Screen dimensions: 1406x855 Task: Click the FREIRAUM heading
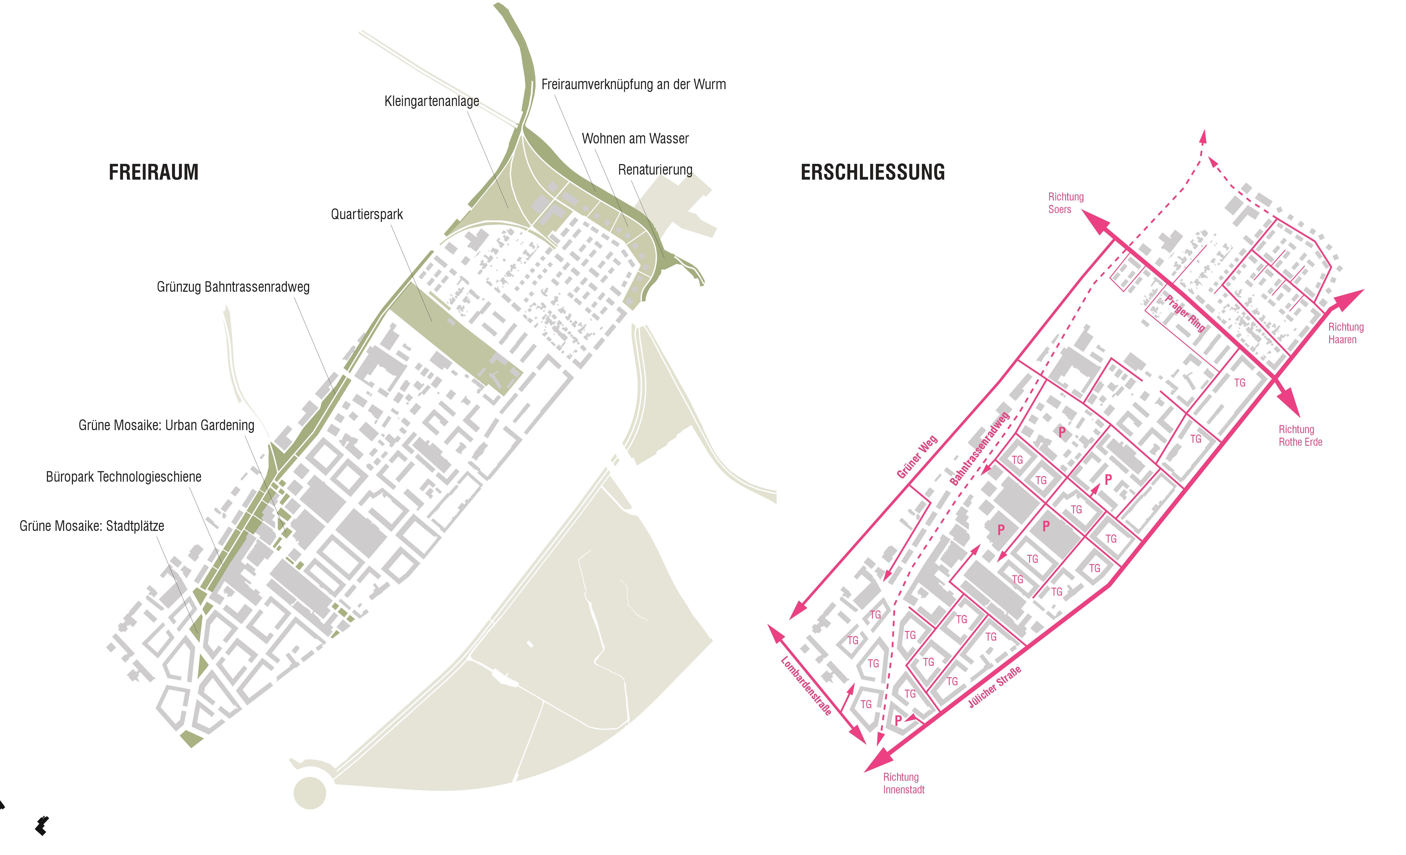click(154, 172)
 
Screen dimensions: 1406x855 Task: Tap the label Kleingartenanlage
click(432, 102)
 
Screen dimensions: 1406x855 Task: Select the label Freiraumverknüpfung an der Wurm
click(633, 85)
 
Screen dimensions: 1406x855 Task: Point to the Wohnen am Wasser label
click(635, 139)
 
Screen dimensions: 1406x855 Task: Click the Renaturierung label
click(655, 170)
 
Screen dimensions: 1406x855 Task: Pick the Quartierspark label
click(367, 215)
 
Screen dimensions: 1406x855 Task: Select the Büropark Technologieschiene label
click(124, 477)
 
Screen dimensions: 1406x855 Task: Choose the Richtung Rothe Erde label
click(1300, 435)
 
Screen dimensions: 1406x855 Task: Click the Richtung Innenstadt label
click(904, 783)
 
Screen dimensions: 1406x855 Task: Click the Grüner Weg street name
click(917, 457)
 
